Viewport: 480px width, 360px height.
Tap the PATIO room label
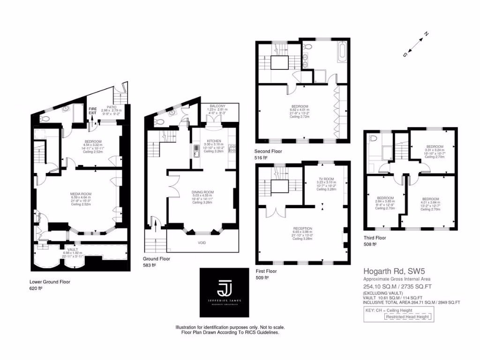[x=111, y=107]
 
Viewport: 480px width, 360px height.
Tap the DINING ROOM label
[x=202, y=192]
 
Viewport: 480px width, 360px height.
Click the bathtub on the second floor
[x=342, y=56]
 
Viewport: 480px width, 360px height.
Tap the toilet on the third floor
[x=373, y=139]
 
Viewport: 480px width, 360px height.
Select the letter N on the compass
[x=426, y=34]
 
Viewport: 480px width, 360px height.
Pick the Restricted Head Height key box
[x=407, y=317]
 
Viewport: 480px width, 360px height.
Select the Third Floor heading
[x=375, y=238]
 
